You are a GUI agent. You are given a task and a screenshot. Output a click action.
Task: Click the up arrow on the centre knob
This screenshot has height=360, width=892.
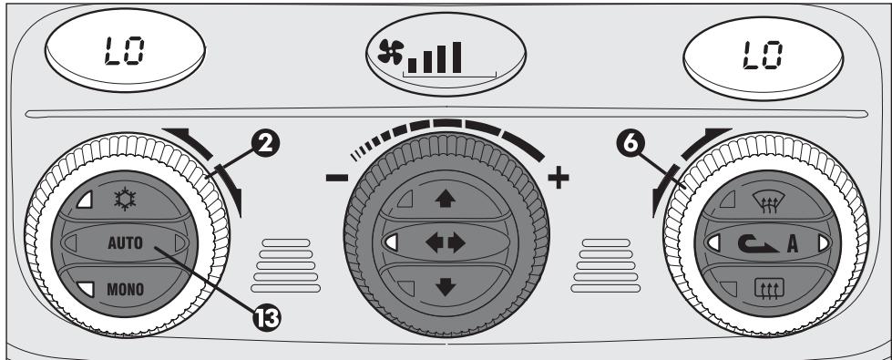click(x=446, y=197)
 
